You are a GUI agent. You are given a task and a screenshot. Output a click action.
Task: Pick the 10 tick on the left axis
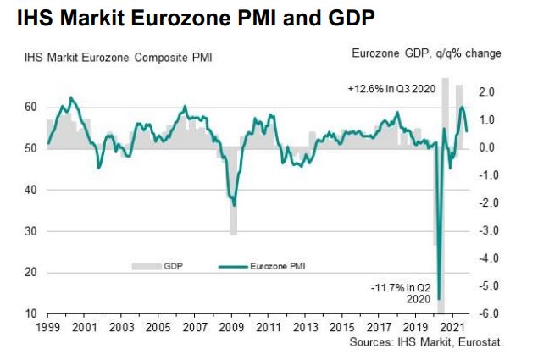[x=29, y=314]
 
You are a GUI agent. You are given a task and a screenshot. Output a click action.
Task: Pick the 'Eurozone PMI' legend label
[x=278, y=267]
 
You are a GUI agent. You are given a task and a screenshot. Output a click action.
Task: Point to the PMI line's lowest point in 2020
[x=439, y=298]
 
